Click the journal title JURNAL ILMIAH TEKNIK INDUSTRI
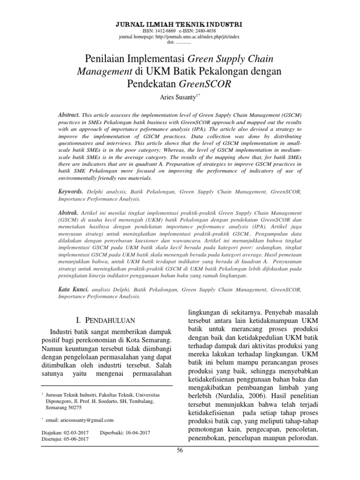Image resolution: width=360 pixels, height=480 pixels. (x=180, y=22)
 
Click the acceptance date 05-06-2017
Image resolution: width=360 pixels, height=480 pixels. (x=76, y=439)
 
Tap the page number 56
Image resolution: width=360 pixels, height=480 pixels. (x=180, y=464)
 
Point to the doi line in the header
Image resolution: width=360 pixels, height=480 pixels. (x=180, y=42)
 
